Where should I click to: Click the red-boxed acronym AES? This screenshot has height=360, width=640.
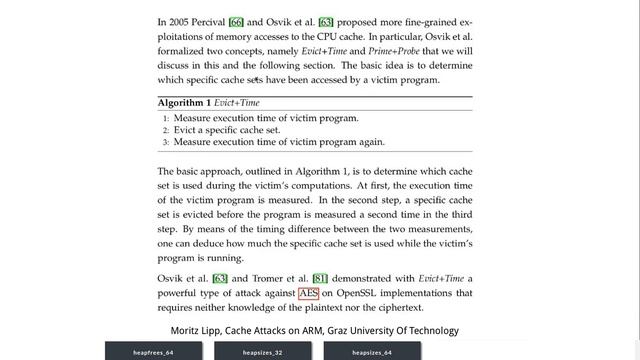point(309,293)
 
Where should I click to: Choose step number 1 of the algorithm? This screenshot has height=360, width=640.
point(166,118)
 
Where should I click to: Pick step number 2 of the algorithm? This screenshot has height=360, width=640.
point(166,130)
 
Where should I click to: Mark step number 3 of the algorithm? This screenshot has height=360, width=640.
point(166,142)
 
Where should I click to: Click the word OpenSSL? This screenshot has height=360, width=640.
point(360,293)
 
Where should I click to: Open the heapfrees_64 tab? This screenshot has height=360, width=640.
point(153,352)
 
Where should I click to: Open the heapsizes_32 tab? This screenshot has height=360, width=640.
point(263,352)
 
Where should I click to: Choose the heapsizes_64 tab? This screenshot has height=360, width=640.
point(371,352)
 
